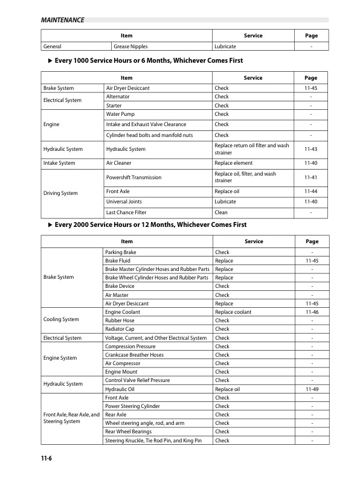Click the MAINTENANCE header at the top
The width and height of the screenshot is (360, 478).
(x=62, y=20)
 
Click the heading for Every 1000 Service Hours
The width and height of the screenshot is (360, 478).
(x=149, y=61)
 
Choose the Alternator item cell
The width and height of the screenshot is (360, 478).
(x=118, y=97)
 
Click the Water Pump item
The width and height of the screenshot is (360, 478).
(x=120, y=113)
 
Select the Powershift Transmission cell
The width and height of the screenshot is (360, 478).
(x=133, y=177)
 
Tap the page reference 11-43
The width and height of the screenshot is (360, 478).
(x=311, y=149)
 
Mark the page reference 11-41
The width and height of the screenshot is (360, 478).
(x=311, y=177)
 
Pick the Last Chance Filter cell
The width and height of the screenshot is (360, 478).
(x=126, y=212)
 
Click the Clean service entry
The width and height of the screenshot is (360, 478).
(x=221, y=212)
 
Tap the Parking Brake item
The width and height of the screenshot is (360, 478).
(x=121, y=252)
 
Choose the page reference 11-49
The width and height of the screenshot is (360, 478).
(x=311, y=389)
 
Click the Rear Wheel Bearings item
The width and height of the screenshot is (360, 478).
(x=130, y=432)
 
